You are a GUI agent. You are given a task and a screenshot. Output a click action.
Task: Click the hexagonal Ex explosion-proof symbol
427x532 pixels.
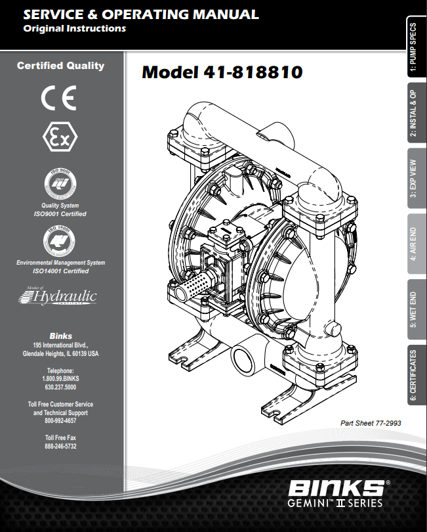coord(60,138)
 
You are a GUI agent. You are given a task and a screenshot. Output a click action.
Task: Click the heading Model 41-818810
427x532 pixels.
coord(222,72)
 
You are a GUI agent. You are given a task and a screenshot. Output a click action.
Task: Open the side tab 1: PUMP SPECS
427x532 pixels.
coord(413,49)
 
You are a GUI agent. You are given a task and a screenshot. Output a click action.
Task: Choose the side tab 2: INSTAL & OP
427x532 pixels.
coord(413,114)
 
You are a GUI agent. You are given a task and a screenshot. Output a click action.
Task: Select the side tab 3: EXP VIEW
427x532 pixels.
coord(413,178)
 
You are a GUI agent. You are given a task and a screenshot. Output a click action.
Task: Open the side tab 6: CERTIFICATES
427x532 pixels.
coord(413,375)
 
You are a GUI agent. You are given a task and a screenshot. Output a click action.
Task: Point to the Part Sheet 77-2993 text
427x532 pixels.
coord(371,424)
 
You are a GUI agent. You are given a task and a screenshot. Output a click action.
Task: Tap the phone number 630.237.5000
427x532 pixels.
coord(60,388)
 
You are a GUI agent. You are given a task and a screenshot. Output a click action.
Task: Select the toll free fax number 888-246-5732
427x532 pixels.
coord(60,446)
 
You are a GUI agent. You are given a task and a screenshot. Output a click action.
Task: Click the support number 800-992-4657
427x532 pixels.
coord(60,422)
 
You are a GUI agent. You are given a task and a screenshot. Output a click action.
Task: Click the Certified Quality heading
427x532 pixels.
coord(60,66)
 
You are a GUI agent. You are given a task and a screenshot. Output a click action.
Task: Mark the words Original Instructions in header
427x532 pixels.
coord(74,28)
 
